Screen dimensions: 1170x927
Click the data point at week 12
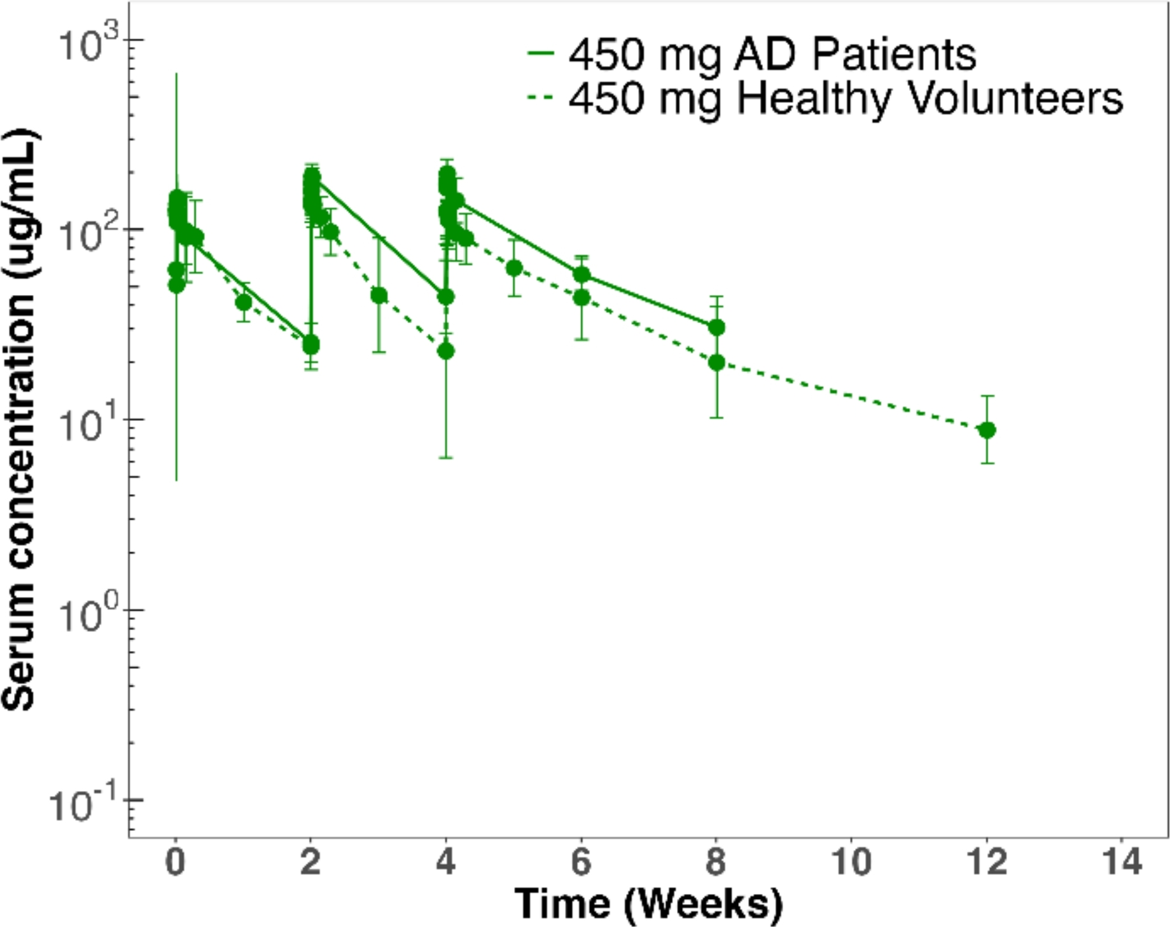pos(987,430)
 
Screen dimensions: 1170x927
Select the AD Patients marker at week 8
pos(716,327)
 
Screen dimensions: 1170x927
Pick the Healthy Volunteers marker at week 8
pos(716,362)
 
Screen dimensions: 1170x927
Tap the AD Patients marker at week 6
pos(582,275)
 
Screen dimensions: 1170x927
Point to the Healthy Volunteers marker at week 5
pos(514,268)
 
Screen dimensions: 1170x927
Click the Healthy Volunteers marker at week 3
pos(379,296)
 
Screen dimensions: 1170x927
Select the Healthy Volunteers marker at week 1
pos(244,302)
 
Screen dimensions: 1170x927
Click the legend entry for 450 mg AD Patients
pos(752,54)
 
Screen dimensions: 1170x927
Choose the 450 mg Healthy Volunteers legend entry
pos(825,99)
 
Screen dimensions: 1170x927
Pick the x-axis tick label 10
pos(851,863)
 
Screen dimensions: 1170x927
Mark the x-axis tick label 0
pos(176,863)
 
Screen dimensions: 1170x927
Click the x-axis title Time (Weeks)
pos(649,904)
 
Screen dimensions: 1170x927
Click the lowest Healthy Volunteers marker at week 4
pos(446,351)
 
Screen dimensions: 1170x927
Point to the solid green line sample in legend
pos(540,53)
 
